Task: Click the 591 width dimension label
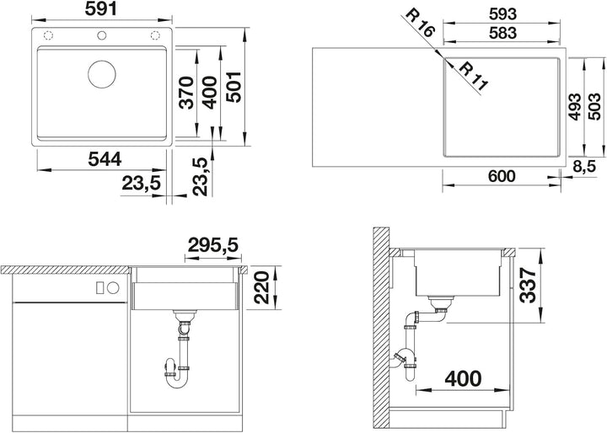tap(100, 9)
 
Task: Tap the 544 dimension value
tap(105, 159)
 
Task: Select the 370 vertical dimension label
tap(187, 93)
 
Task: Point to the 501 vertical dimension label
tap(234, 87)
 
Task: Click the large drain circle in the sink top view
tap(102, 74)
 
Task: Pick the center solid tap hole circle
tap(102, 35)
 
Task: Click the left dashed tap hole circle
tap(48, 35)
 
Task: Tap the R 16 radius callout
tap(421, 23)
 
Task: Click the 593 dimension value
tap(502, 14)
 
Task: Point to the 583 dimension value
tap(502, 33)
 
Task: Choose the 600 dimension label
tap(502, 176)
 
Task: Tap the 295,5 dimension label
tap(213, 244)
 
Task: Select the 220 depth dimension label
tap(261, 287)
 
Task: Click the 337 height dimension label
tap(528, 286)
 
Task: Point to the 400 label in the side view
tap(463, 378)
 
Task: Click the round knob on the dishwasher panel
tap(114, 287)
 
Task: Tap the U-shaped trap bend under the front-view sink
tap(178, 381)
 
